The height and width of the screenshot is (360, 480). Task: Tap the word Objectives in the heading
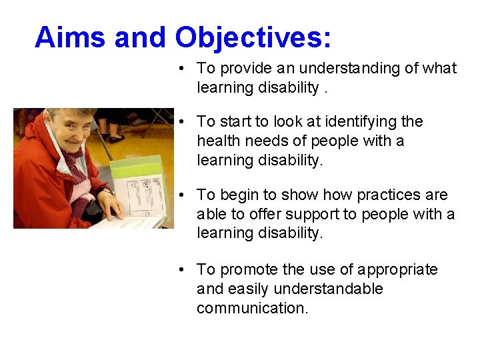tap(253, 37)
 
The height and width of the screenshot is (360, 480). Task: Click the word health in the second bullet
tap(219, 141)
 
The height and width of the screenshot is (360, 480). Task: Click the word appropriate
tap(397, 269)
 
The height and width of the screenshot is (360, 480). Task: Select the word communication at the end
tap(252, 308)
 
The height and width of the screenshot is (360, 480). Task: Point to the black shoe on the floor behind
tap(116, 139)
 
